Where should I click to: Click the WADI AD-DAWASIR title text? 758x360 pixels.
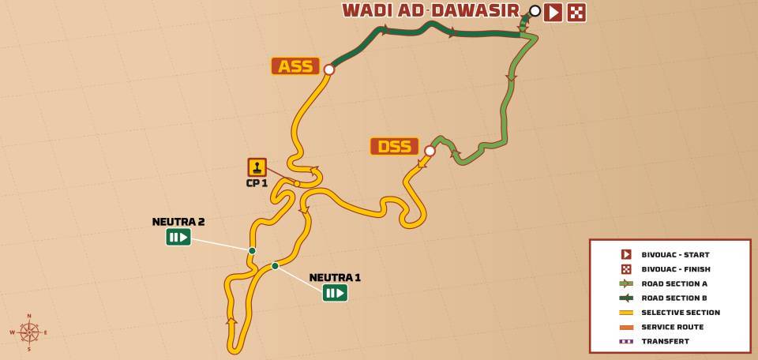coord(430,10)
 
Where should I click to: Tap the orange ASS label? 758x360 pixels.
coord(295,66)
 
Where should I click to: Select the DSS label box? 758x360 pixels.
coord(394,146)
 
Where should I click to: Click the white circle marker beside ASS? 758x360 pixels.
coord(329,69)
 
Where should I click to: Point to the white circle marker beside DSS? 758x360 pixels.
coord(430,151)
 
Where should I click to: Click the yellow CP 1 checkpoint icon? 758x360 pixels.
coord(257,167)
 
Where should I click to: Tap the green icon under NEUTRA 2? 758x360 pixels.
coord(178,237)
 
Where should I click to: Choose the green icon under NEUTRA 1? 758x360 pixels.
coord(335,293)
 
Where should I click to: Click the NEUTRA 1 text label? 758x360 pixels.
coord(335,277)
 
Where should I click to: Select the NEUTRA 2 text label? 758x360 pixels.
coord(178,222)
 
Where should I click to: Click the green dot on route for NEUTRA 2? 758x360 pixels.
coord(252,251)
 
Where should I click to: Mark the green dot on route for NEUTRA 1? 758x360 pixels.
coord(275,266)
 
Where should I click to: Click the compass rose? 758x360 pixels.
coord(29,332)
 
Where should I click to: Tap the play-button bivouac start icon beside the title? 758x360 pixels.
coord(553,12)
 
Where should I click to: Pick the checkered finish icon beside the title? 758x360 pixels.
coord(576,12)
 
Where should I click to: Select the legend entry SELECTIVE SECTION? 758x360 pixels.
coord(680,313)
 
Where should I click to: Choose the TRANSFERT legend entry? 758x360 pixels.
coord(665,341)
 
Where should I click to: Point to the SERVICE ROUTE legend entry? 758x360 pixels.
coord(672,327)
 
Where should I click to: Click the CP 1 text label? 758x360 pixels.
coord(257,183)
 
